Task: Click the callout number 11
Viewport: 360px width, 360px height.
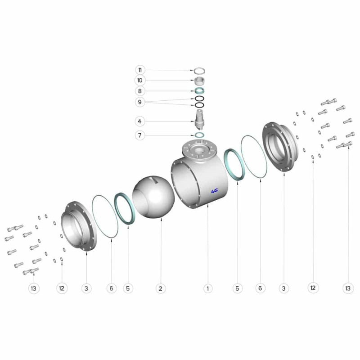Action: (140, 70)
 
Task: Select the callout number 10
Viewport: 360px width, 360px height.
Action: (139, 81)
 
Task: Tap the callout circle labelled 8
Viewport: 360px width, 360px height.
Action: (139, 91)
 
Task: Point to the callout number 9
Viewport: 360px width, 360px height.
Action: (139, 102)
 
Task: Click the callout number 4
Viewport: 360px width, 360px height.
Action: (139, 121)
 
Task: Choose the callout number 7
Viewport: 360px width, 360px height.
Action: (139, 135)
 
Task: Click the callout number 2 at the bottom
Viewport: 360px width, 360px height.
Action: (161, 288)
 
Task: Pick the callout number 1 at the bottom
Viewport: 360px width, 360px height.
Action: (208, 288)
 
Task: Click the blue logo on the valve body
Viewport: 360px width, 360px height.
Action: (215, 190)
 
